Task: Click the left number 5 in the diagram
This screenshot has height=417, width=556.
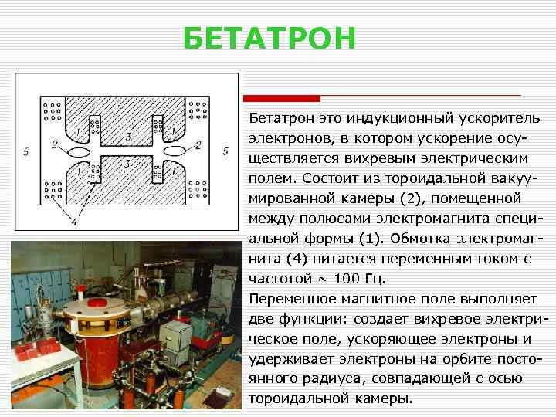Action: [x=26, y=152]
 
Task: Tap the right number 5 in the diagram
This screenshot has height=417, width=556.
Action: [x=225, y=151]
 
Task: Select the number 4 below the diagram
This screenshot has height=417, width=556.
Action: [x=74, y=222]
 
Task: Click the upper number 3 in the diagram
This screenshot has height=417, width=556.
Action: [x=128, y=136]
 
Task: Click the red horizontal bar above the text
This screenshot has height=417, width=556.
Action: [x=281, y=98]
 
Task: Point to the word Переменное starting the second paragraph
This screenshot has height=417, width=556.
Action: [x=287, y=298]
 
